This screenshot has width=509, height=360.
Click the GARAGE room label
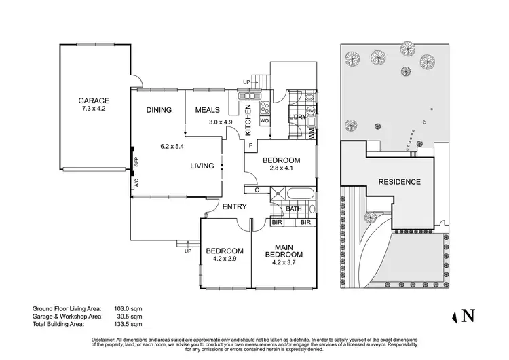pos(94,101)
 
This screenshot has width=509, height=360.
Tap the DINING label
pos(158,110)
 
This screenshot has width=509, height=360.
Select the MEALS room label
pos(206,110)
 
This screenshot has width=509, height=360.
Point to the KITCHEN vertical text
pos(248,118)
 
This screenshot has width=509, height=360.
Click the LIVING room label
pos(202,166)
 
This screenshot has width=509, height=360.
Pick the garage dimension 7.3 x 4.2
pos(94,108)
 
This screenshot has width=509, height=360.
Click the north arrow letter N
pos(467,315)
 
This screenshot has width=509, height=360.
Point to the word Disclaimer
pos(105,338)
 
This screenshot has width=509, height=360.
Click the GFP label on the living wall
pos(136,162)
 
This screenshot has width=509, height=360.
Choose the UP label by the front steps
pos(187,251)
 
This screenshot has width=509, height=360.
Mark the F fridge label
pos(250,145)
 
